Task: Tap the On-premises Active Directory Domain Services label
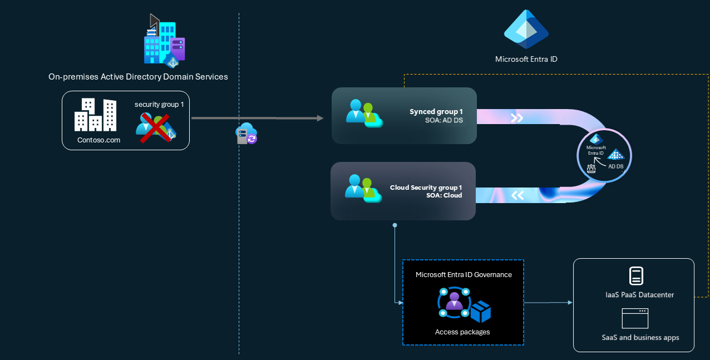tap(138, 77)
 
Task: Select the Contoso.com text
tap(98, 140)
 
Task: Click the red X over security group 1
tap(154, 127)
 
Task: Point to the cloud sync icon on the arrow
tap(247, 134)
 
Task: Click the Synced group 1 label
tap(436, 112)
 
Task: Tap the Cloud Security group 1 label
tap(426, 188)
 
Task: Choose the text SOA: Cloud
tap(444, 195)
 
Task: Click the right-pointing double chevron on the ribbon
tap(517, 118)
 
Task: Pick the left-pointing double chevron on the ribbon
tap(517, 195)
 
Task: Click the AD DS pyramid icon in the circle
tap(615, 155)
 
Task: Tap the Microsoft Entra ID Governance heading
tap(464, 274)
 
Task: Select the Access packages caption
tap(462, 332)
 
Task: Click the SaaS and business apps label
tap(640, 337)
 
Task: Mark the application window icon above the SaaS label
tap(635, 318)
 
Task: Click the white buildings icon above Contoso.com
tap(96, 115)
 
